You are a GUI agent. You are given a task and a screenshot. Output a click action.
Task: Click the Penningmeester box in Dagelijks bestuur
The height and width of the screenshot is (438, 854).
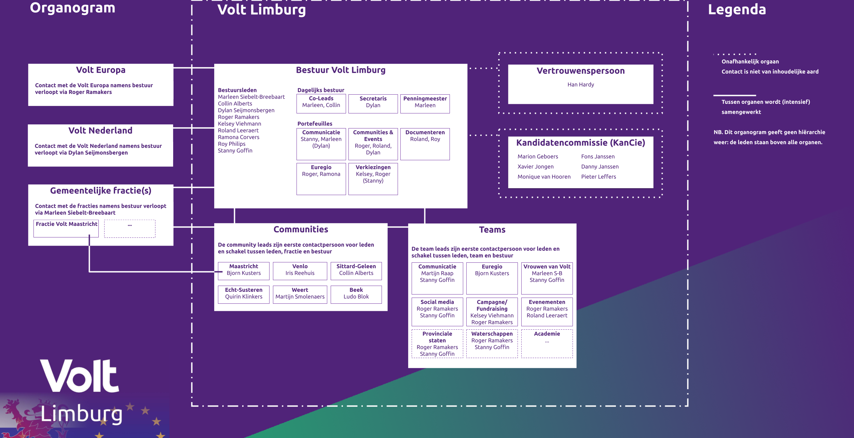(425, 104)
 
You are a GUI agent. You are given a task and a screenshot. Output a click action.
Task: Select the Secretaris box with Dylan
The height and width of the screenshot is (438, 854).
(373, 104)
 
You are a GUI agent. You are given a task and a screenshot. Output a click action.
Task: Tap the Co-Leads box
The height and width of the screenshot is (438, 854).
(321, 104)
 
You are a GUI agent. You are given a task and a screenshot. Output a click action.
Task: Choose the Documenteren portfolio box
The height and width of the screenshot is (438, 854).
(425, 144)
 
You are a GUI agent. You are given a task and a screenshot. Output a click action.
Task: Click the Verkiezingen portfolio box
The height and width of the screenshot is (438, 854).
(373, 179)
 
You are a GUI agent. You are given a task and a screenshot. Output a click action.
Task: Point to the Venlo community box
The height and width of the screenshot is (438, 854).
(300, 271)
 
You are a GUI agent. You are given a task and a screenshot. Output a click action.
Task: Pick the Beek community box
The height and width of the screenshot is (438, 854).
(356, 295)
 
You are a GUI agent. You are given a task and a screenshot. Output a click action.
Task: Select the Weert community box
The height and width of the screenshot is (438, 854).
(300, 295)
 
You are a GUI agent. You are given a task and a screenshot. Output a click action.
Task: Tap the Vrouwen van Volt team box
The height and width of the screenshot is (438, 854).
(547, 278)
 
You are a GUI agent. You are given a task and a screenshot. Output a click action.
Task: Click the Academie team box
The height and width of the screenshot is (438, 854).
(547, 343)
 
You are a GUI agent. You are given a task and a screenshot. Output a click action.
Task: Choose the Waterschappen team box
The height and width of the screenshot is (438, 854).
(492, 343)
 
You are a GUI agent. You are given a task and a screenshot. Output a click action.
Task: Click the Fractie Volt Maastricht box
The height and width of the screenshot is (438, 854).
(66, 228)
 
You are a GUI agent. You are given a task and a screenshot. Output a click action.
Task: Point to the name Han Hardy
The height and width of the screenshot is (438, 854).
(581, 84)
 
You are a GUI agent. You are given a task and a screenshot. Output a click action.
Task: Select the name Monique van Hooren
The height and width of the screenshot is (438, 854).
(544, 177)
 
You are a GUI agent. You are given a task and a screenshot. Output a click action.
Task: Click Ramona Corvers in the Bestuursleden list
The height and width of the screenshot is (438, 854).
(238, 137)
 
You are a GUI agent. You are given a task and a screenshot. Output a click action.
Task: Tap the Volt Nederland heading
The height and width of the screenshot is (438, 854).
(100, 131)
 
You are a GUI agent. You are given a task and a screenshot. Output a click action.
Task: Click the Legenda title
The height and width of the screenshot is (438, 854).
(737, 9)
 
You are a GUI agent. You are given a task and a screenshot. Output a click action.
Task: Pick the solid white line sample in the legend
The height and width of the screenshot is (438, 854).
(734, 95)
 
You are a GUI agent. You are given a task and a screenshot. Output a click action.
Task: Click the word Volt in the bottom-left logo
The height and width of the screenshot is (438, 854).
(80, 375)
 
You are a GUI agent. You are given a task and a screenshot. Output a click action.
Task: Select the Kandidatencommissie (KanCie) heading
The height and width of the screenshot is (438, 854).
(581, 143)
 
